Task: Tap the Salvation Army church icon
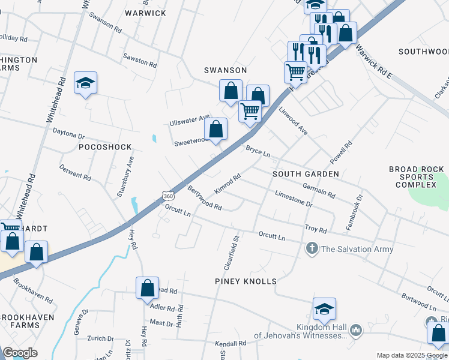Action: [312, 248]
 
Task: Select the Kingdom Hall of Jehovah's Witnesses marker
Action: [356, 329]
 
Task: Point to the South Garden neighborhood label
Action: [306, 174]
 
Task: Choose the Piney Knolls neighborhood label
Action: [246, 281]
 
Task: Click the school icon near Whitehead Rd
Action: [86, 83]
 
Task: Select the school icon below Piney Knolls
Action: [324, 310]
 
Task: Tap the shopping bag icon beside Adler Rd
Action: [147, 289]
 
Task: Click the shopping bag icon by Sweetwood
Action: [216, 128]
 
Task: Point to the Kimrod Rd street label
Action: [228, 184]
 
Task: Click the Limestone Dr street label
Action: [294, 199]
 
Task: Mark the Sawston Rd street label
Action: [140, 61]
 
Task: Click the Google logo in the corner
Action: [20, 353]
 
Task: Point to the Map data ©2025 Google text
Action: [411, 355]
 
